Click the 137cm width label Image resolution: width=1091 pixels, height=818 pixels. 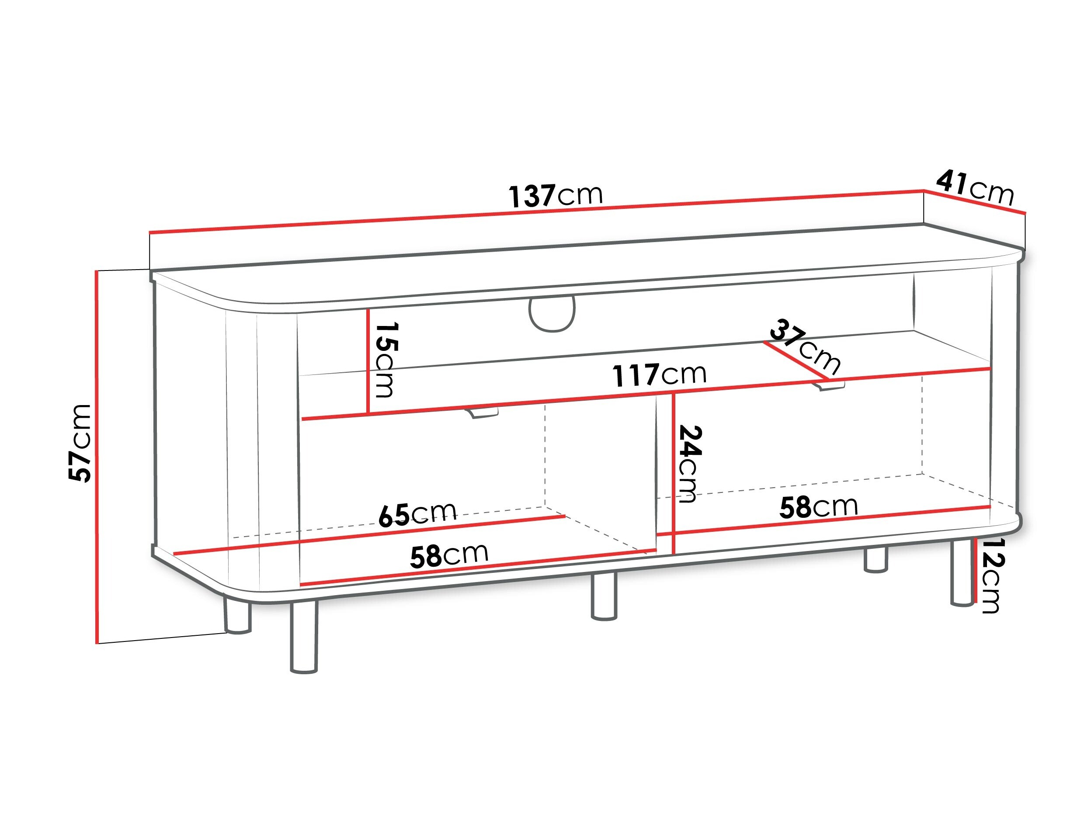pyautogui.click(x=556, y=195)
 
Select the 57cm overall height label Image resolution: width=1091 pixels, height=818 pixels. pyautogui.click(x=80, y=443)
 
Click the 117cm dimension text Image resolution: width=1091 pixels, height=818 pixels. pyautogui.click(x=660, y=375)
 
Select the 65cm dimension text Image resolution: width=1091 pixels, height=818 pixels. pyautogui.click(x=417, y=514)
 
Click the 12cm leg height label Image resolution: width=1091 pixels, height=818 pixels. pyautogui.click(x=991, y=575)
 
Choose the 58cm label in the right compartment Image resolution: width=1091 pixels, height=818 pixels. pyautogui.click(x=819, y=506)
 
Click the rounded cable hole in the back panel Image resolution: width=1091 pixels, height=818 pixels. pyautogui.click(x=552, y=315)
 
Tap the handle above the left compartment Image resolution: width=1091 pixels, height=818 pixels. pyautogui.click(x=482, y=412)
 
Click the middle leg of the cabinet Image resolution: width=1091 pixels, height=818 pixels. pyautogui.click(x=604, y=596)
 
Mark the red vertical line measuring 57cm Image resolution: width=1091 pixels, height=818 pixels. pyautogui.click(x=97, y=457)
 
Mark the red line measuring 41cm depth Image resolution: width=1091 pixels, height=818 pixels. pyautogui.click(x=975, y=202)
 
